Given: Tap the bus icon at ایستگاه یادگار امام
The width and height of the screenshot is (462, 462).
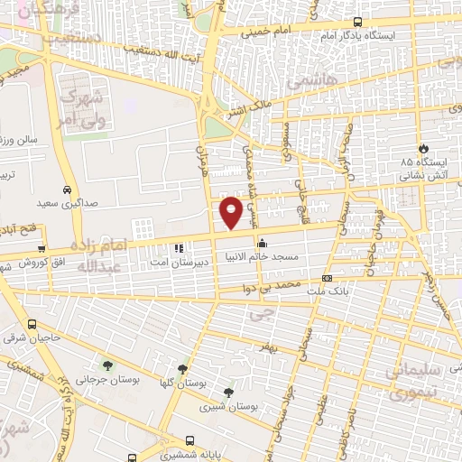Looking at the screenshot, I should click(358, 23).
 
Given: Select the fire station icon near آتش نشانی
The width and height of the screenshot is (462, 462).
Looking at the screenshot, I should click(424, 147).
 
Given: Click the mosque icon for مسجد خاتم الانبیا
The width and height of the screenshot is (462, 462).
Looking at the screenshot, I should click(262, 243).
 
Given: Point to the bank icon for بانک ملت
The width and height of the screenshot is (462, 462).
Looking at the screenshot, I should click(327, 279).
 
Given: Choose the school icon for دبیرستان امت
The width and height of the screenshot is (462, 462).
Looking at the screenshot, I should click(179, 247).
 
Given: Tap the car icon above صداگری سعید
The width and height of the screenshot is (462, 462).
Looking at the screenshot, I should click(68, 190).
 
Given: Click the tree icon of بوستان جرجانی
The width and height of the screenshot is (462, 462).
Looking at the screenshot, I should click(108, 365).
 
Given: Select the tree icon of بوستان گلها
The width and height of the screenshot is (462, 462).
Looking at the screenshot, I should click(183, 369).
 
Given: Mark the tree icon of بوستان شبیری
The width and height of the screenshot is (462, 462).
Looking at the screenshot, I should click(227, 393).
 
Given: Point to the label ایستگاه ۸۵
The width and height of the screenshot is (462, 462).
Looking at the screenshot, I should click(420, 162).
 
